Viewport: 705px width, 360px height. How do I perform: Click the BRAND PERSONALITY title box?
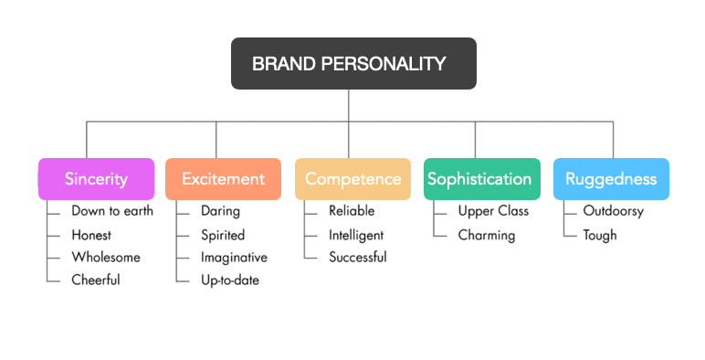353,64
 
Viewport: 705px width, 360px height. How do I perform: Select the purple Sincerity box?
96,179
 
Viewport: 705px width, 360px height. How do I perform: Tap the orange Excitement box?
223,179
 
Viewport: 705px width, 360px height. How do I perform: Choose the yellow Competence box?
352,179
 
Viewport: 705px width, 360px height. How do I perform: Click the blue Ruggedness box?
611,179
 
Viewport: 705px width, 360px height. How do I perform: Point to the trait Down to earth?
112,211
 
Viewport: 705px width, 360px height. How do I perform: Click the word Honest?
91,235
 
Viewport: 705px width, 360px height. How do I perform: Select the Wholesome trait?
106,258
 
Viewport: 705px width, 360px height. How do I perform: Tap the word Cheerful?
96,281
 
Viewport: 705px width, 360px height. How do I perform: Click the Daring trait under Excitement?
220,211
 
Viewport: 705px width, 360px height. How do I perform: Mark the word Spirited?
223,235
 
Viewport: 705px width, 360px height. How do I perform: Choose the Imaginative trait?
234,258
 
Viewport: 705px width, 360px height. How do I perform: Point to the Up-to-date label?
230,281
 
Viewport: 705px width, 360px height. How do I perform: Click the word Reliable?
352,211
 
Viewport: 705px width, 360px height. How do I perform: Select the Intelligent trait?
356,235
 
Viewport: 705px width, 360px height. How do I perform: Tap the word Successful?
358,258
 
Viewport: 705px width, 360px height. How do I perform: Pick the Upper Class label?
493,211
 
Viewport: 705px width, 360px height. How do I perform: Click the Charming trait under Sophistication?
487,235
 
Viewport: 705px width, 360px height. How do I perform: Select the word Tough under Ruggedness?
600,235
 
